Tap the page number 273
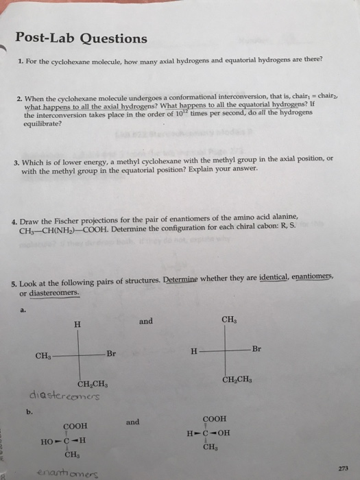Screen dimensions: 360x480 pyautogui.click(x=333, y=468)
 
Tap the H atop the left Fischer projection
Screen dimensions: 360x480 pyautogui.click(x=77, y=325)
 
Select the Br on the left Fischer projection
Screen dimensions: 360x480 pyautogui.click(x=112, y=353)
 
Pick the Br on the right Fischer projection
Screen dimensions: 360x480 pyautogui.click(x=256, y=349)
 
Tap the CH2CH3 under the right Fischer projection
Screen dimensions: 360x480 pyautogui.click(x=237, y=379)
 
